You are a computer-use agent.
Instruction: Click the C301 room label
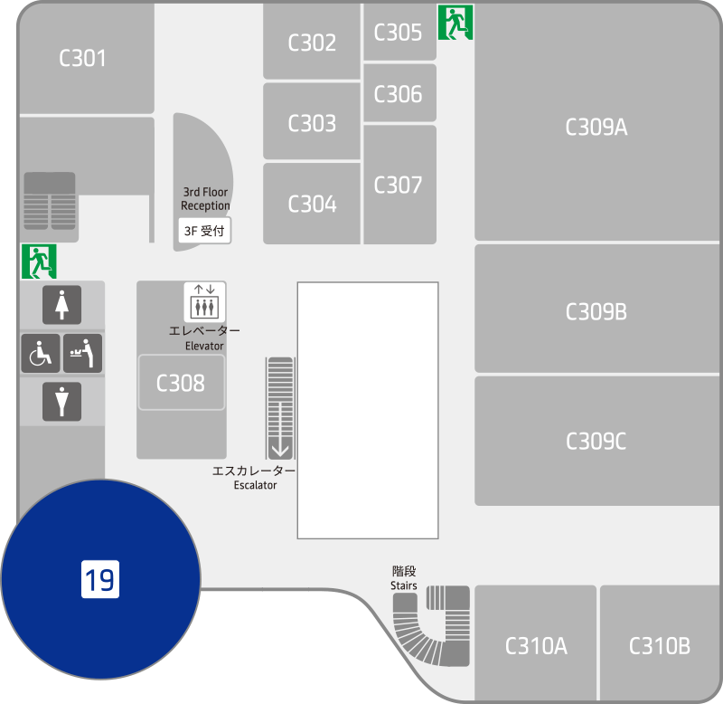tap(82, 58)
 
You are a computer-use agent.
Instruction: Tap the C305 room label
tap(398, 33)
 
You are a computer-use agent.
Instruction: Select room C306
tap(399, 93)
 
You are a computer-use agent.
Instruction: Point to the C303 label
tap(312, 123)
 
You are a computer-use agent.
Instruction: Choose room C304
tap(312, 204)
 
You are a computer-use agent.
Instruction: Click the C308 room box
tap(182, 382)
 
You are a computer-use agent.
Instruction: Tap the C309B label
tap(596, 311)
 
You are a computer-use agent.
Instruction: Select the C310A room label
tap(536, 646)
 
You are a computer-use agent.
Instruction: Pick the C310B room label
tap(660, 646)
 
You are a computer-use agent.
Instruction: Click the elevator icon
tap(205, 302)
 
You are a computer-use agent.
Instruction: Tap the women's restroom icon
tap(61, 305)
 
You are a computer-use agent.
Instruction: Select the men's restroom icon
tap(61, 402)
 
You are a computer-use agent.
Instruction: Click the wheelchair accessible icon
tap(41, 353)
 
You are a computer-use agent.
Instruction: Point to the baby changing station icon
tap(82, 353)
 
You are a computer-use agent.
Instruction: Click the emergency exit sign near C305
tap(455, 23)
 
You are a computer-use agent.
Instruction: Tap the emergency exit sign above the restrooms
tap(39, 262)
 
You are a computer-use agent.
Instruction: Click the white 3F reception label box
tap(205, 231)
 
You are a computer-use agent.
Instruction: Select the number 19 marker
tap(100, 579)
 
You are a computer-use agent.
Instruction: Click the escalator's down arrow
tap(280, 449)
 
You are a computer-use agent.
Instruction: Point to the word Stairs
tap(404, 585)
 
